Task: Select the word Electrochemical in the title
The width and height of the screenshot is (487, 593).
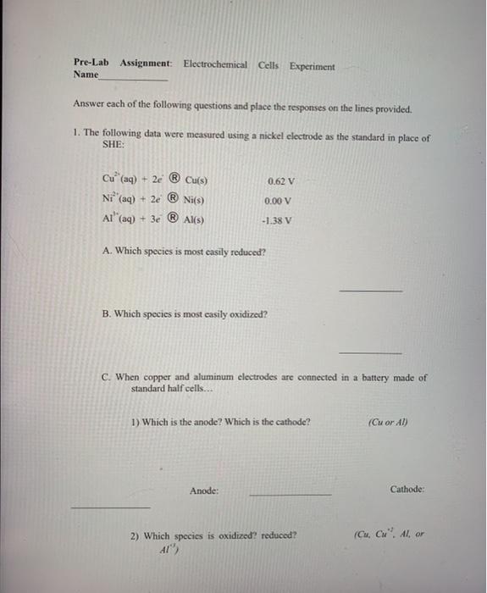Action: point(215,64)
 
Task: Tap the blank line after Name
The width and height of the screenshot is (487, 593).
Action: point(134,79)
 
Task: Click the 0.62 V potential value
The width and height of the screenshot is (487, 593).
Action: point(279,181)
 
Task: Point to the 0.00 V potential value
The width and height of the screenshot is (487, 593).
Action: point(278,201)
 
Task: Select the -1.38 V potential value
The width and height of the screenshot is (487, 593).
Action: point(279,220)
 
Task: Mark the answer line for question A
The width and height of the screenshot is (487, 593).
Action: point(370,291)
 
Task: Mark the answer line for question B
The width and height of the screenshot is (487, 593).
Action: point(370,352)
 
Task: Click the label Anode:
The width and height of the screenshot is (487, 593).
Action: point(204,490)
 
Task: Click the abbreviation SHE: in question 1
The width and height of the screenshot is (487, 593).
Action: point(113,145)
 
